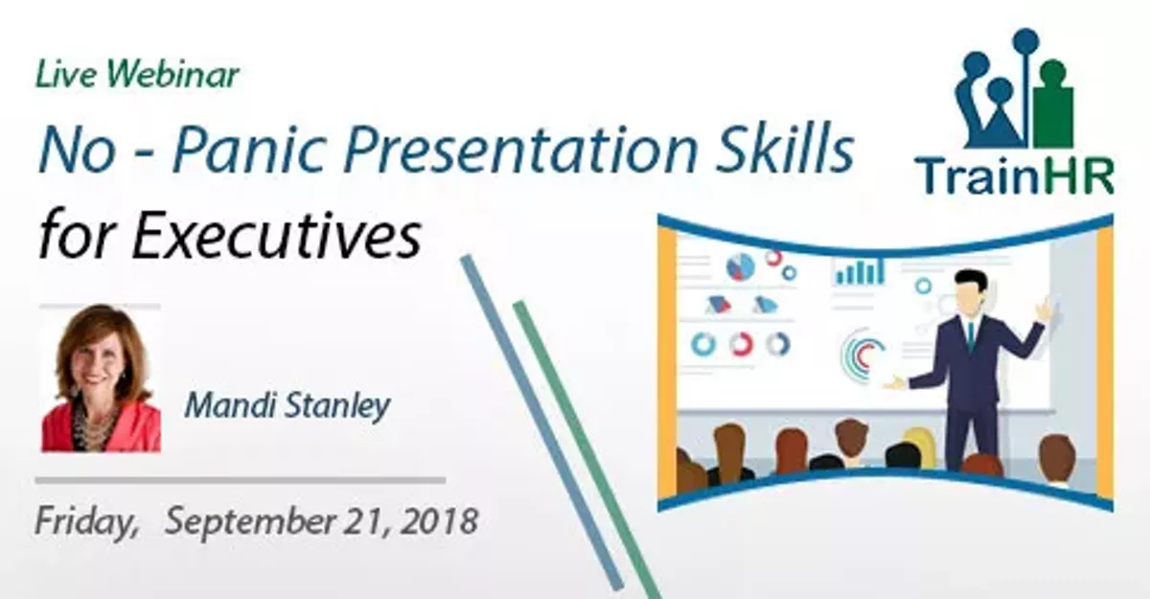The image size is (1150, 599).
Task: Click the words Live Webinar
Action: point(137,75)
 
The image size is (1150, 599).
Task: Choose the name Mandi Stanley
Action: point(287,405)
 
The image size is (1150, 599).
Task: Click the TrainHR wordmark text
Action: point(1014,175)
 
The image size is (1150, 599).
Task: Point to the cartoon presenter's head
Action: point(970,292)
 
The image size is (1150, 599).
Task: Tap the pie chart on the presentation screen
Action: point(740,265)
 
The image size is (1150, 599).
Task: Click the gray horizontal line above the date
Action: point(240,480)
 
